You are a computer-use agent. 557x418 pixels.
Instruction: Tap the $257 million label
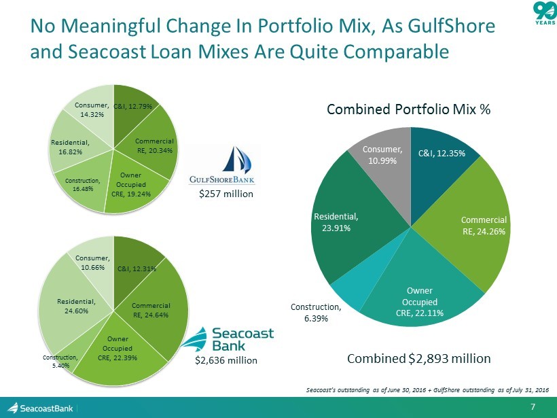[226, 194]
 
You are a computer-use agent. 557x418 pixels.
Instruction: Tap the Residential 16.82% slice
[69, 147]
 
